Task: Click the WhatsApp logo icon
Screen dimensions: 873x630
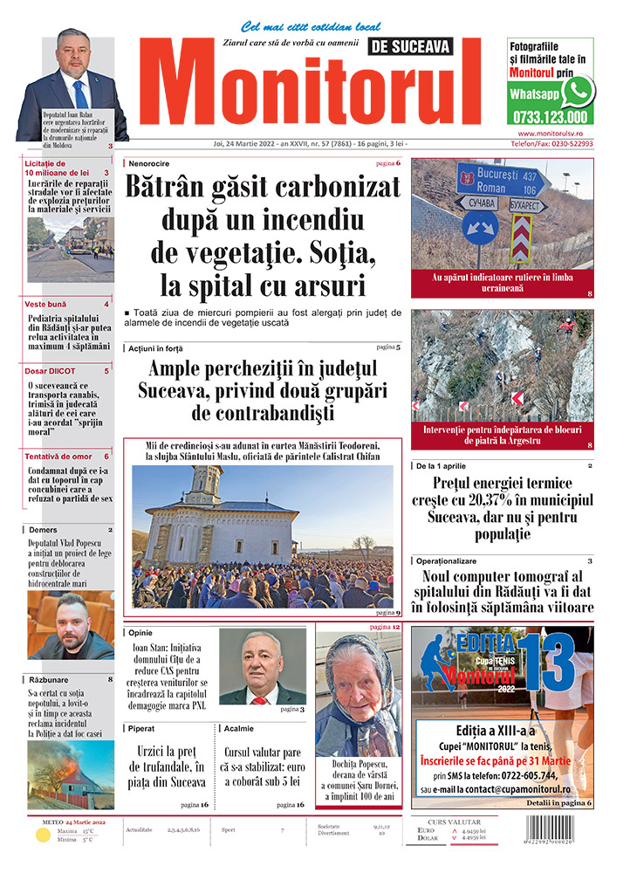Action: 578,91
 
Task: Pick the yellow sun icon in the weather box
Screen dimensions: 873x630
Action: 42,835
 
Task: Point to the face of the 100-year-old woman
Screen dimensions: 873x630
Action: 357,681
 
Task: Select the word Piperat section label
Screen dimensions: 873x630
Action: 145,727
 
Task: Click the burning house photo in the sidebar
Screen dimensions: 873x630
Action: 70,775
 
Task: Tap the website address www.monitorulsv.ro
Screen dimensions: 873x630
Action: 550,133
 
